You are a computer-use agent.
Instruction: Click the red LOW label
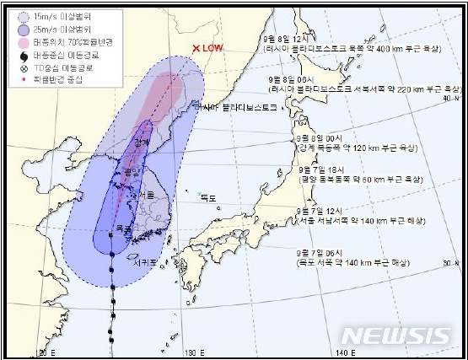point(213,49)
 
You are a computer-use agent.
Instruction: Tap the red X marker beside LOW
point(196,49)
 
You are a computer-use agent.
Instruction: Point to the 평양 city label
point(130,172)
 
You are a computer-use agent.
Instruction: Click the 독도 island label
point(207,197)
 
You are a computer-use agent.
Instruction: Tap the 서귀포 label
point(142,261)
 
